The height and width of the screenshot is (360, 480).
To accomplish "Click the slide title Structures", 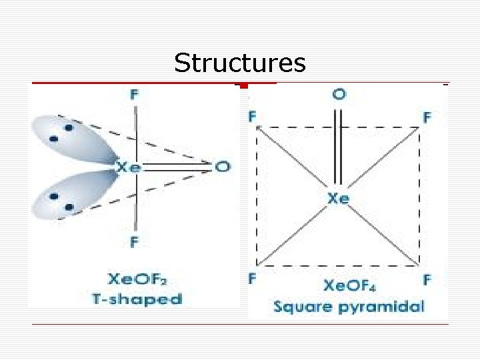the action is tap(240, 63).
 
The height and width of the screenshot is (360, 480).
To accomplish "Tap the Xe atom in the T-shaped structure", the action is tap(129, 167).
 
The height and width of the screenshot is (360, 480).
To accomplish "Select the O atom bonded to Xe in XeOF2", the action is tap(222, 166).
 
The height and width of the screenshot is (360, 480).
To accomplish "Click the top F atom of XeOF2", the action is tap(135, 95).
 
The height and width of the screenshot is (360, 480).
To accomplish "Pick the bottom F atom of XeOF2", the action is tap(135, 242).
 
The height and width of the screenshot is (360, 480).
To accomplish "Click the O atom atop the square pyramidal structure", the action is tap(339, 95).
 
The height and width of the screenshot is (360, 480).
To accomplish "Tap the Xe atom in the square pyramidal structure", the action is tap(338, 198).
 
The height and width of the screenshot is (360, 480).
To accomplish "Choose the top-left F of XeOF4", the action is tap(253, 117).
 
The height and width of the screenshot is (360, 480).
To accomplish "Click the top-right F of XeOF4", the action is tap(427, 117).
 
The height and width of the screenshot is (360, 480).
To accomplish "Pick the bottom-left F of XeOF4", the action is tap(253, 279).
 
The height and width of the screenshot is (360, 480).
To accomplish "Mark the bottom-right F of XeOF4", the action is tap(427, 279).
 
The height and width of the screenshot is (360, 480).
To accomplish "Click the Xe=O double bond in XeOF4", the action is tap(338, 147).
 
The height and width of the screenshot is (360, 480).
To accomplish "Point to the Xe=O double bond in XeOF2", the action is tap(177, 167).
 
